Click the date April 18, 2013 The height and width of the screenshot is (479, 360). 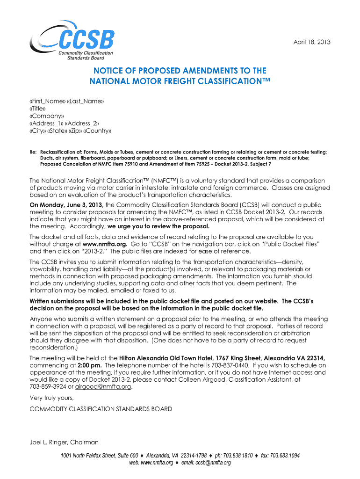coord(312,42)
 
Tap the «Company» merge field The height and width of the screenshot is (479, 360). coord(46,116)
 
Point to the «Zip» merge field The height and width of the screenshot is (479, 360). coord(75,131)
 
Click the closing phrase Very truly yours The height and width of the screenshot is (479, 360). coord(51,398)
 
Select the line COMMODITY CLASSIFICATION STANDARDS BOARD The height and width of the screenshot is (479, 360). coord(101,409)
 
